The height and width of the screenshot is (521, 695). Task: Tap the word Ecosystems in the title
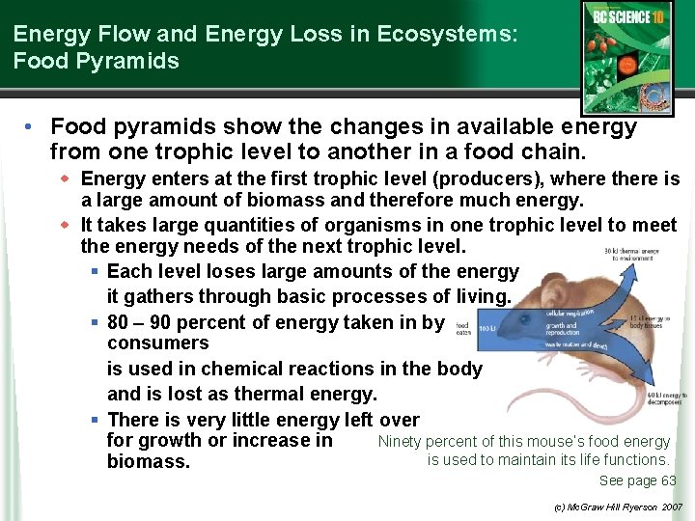(444, 34)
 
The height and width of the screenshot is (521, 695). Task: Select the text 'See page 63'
(637, 480)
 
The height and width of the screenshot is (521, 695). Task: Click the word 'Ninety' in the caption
(399, 442)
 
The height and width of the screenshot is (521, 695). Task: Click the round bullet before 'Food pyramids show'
(32, 127)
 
